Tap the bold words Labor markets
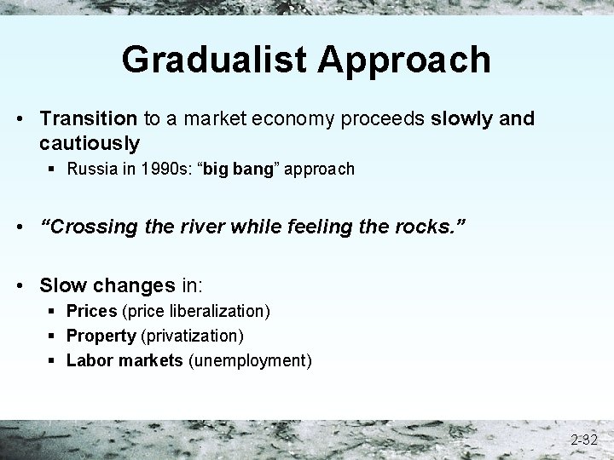pos(125,360)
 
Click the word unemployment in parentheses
pos(249,361)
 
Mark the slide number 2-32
pos(584,440)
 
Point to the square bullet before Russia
pos(55,169)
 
